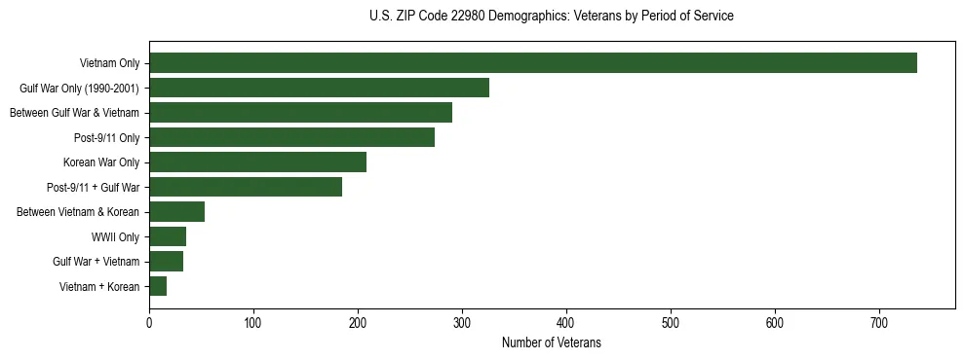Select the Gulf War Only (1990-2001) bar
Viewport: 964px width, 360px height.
pyautogui.click(x=319, y=88)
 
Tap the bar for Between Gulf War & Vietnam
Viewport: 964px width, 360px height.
pyautogui.click(x=300, y=113)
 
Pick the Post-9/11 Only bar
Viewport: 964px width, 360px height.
pyautogui.click(x=291, y=137)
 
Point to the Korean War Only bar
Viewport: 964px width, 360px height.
pyautogui.click(x=257, y=162)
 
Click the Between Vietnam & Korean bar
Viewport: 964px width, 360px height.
pyautogui.click(x=176, y=212)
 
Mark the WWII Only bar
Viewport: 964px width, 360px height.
pyautogui.click(x=168, y=236)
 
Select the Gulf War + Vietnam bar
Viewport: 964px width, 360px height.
pyautogui.click(x=166, y=261)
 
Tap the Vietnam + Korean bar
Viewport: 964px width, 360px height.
pyautogui.click(x=158, y=286)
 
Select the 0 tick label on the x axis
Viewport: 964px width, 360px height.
pyautogui.click(x=149, y=323)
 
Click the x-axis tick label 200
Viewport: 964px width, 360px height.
pyautogui.click(x=358, y=323)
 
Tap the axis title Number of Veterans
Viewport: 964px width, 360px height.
pyautogui.click(x=551, y=343)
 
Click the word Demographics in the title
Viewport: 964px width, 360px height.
pyautogui.click(x=532, y=17)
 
